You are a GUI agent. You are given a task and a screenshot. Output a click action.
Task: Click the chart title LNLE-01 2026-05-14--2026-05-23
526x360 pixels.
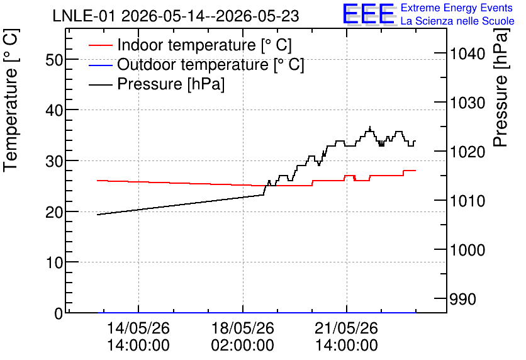[176, 16]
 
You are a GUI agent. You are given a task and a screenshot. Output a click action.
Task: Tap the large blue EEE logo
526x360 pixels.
[369, 14]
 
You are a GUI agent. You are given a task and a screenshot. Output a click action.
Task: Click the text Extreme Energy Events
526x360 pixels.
[457, 8]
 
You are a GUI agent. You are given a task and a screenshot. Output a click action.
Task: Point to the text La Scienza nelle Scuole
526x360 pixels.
[457, 21]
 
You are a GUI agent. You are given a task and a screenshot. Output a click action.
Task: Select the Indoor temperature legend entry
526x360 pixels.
[191, 45]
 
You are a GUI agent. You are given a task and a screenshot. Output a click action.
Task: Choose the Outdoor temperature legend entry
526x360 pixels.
[196, 64]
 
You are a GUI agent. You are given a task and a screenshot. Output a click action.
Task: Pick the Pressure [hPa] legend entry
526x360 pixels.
[157, 84]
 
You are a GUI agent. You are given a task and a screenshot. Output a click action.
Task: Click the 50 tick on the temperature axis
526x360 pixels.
[54, 60]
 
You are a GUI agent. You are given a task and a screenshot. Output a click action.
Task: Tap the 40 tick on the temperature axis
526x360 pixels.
[54, 110]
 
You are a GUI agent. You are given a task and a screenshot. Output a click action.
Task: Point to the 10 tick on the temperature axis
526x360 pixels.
[54, 262]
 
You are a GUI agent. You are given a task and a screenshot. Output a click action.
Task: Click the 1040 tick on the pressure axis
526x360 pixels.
[467, 53]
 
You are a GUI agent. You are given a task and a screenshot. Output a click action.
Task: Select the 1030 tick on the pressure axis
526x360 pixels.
[467, 103]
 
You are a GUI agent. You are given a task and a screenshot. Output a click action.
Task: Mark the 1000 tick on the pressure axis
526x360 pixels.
[467, 250]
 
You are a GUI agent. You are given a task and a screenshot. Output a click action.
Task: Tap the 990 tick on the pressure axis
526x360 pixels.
[463, 300]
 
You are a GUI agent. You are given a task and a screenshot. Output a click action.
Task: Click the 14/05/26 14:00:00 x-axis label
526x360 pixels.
[138, 337]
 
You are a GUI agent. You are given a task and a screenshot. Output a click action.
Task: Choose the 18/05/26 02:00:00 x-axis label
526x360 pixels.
[242, 337]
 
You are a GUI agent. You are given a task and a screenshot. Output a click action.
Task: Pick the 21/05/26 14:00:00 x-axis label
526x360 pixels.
[347, 337]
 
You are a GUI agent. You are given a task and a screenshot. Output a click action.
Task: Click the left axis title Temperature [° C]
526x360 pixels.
[11, 101]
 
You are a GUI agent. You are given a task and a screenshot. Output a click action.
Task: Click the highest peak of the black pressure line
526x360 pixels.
[370, 127]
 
